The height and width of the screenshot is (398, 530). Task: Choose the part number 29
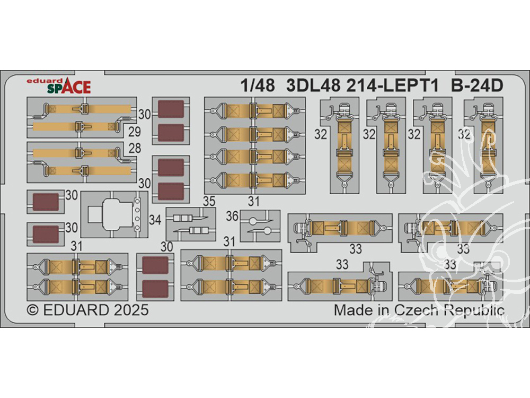click(x=135, y=131)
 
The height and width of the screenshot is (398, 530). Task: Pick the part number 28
click(x=135, y=148)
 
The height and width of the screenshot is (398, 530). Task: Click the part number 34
click(x=155, y=219)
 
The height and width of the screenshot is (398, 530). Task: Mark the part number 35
click(x=209, y=201)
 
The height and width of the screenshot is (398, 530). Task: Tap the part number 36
click(x=231, y=217)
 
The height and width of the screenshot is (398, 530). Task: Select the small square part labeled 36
click(x=260, y=226)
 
